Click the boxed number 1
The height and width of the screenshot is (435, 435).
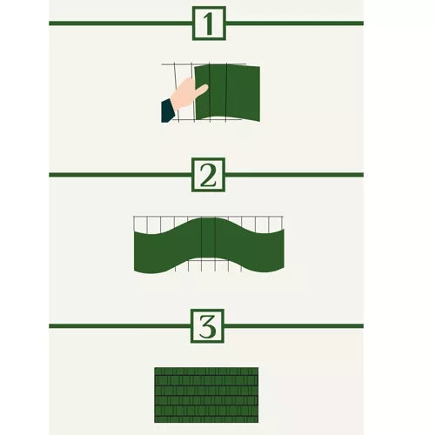pos(208,23)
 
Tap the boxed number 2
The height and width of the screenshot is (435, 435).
pos(208,175)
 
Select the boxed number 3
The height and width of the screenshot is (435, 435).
pos(208,326)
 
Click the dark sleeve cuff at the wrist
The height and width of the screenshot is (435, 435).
pos(167,111)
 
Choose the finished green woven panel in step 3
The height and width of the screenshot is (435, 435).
pos(206,395)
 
